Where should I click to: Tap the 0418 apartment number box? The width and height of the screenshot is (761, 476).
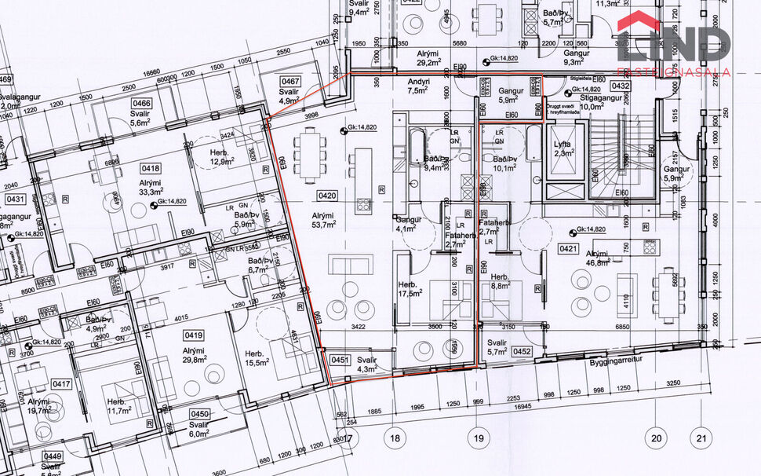[x=151, y=168]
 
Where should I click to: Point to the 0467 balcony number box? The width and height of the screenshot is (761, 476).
[x=291, y=82]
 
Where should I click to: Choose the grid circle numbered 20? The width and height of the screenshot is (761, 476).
[x=656, y=438]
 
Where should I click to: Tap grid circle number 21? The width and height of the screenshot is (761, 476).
[x=701, y=438]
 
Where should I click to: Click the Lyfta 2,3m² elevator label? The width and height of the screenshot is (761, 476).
[x=563, y=148]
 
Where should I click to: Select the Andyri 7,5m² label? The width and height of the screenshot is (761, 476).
[x=415, y=86]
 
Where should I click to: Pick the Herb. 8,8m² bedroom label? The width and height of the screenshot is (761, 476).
[x=501, y=282]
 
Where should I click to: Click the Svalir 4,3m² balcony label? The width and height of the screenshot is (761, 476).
[x=367, y=364]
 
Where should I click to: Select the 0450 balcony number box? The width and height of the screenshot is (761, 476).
[x=200, y=414]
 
